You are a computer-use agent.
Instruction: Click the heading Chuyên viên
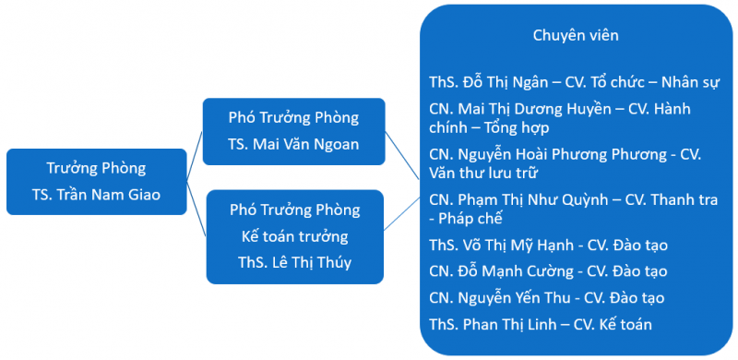coord(576,35)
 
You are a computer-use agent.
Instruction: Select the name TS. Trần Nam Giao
coord(97,195)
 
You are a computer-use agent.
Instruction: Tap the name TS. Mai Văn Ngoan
coord(293,144)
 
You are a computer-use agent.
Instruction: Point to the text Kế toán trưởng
coord(294,236)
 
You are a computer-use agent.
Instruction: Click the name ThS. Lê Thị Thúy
coord(294,262)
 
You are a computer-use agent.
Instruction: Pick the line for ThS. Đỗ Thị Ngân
coord(574,82)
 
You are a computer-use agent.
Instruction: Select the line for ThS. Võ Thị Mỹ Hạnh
coord(548,245)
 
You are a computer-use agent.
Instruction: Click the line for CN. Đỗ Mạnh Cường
coord(548,271)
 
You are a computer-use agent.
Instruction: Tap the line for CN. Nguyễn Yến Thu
coord(546,298)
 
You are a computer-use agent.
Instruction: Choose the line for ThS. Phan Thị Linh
coord(541,324)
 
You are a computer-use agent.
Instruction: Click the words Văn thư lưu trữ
coord(482,173)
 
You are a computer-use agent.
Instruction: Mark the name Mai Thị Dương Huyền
coord(534,109)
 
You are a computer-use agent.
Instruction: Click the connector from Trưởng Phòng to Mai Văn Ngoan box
coord(195,155)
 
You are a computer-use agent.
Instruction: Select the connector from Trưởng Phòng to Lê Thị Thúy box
coord(196,209)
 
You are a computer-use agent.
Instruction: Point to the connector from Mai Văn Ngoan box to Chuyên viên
coord(402,155)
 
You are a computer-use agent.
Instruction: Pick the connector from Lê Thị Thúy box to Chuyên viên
coord(401,213)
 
